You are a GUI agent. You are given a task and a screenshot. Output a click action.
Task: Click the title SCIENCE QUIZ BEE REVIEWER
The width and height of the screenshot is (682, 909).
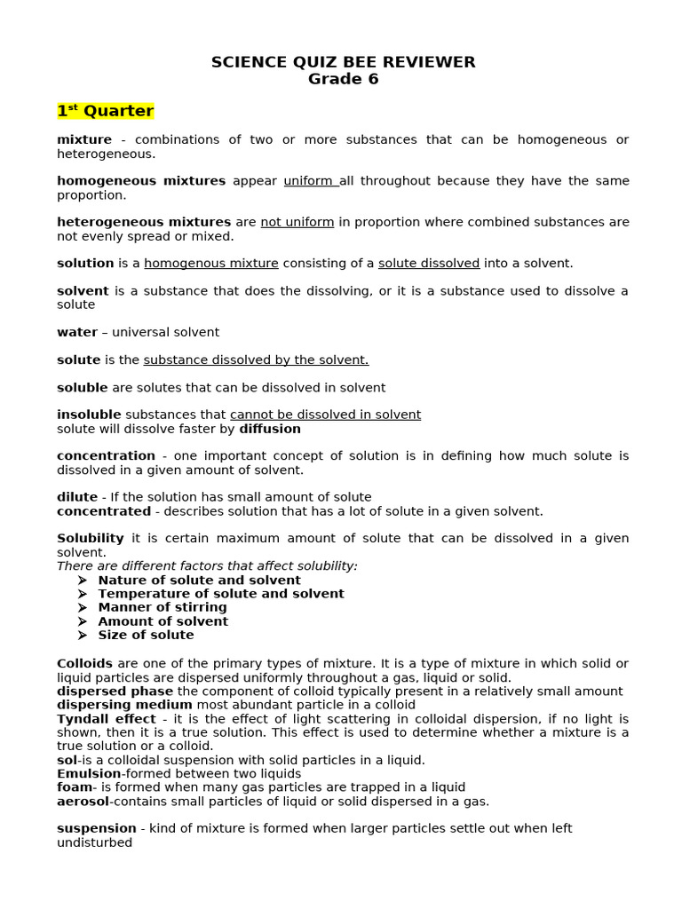coord(343,62)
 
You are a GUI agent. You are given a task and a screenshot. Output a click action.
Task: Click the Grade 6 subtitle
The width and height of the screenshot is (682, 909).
coord(343,79)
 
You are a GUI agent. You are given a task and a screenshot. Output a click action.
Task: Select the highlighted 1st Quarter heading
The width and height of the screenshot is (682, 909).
coord(106,111)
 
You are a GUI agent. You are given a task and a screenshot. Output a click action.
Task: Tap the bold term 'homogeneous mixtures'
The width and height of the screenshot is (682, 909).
coord(141,181)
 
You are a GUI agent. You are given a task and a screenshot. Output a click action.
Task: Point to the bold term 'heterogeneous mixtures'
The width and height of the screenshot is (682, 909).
coord(144,222)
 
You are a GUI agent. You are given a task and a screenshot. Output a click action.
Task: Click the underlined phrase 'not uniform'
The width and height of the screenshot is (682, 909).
coord(297,222)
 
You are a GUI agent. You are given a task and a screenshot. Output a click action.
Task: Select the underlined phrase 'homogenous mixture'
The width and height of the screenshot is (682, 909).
coord(211,264)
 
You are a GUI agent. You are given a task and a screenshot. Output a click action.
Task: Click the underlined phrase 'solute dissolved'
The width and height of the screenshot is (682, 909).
coord(429,264)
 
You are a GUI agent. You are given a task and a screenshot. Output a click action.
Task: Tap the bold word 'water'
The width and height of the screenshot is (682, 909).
coord(77,332)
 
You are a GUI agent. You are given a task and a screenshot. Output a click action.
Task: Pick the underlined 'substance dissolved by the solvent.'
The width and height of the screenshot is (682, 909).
coord(256,360)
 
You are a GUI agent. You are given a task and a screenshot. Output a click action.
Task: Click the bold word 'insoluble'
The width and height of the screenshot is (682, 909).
coord(89,415)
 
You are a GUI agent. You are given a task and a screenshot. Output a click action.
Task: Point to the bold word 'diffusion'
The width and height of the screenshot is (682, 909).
coord(270,429)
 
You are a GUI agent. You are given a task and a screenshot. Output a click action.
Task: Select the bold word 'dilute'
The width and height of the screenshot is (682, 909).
coord(77,497)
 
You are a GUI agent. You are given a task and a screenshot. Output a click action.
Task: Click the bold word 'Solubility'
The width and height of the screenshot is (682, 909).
coord(91,538)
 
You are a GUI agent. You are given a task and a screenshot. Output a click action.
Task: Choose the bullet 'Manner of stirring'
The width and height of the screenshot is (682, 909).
coord(163,607)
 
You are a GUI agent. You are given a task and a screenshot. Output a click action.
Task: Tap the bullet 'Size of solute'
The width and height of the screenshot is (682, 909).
coord(146,635)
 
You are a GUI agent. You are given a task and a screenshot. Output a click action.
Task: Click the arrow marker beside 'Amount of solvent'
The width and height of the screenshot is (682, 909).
coord(82,621)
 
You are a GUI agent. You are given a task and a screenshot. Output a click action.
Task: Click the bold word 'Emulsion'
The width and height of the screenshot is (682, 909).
coord(89,773)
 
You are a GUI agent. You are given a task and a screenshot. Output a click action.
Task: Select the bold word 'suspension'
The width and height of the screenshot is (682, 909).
coord(97,828)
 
